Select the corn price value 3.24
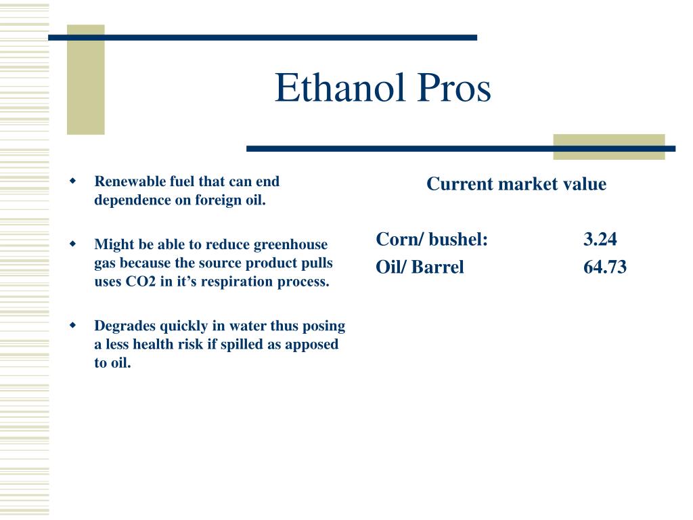coord(600,239)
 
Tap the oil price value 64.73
coord(604,267)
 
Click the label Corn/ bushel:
coord(432,239)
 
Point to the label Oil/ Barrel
coord(420,267)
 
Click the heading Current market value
coord(516,184)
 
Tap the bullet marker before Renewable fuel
coord(73,181)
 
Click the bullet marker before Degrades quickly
coord(73,326)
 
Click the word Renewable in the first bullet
coord(125,181)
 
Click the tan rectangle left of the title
coord(85,80)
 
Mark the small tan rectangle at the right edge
coord(608,148)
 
